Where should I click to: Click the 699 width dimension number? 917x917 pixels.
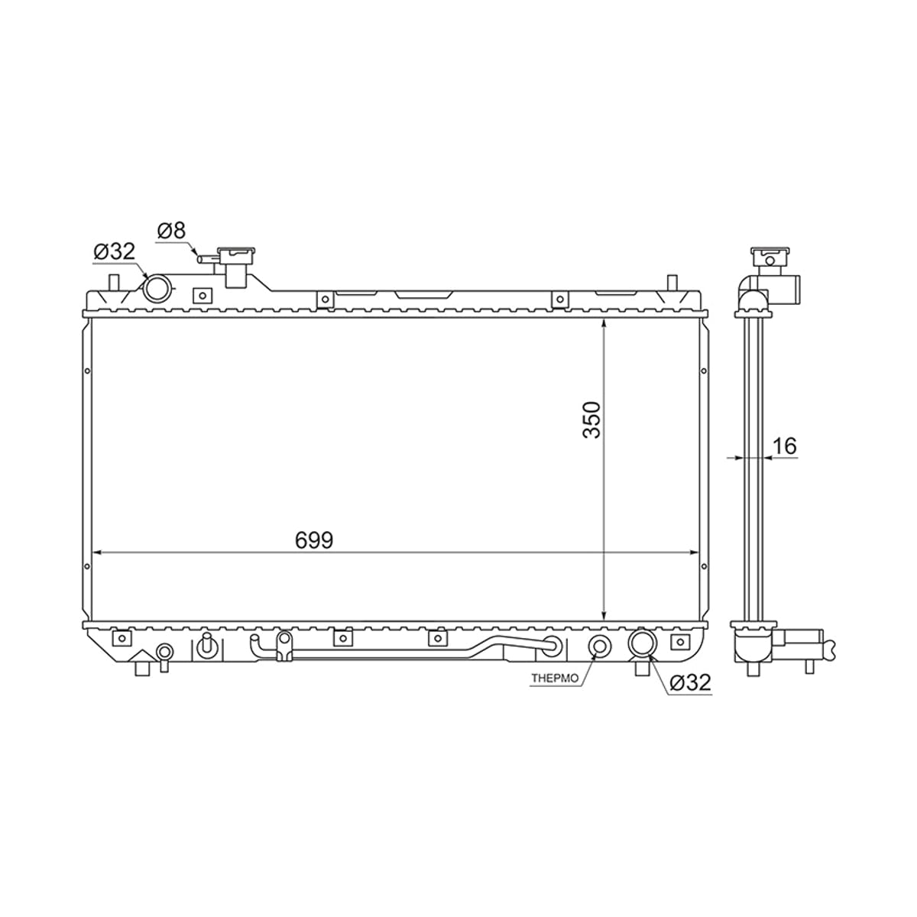(314, 540)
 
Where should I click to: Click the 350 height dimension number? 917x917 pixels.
(592, 420)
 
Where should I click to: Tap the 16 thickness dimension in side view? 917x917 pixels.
(785, 446)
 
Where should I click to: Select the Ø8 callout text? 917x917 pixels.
(171, 231)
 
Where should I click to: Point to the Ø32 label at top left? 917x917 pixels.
(115, 251)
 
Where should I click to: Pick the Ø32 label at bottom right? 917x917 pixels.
(690, 683)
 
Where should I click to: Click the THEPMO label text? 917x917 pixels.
(555, 679)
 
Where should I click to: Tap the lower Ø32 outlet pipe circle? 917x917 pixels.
(643, 643)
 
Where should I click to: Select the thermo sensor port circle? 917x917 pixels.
(598, 646)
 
